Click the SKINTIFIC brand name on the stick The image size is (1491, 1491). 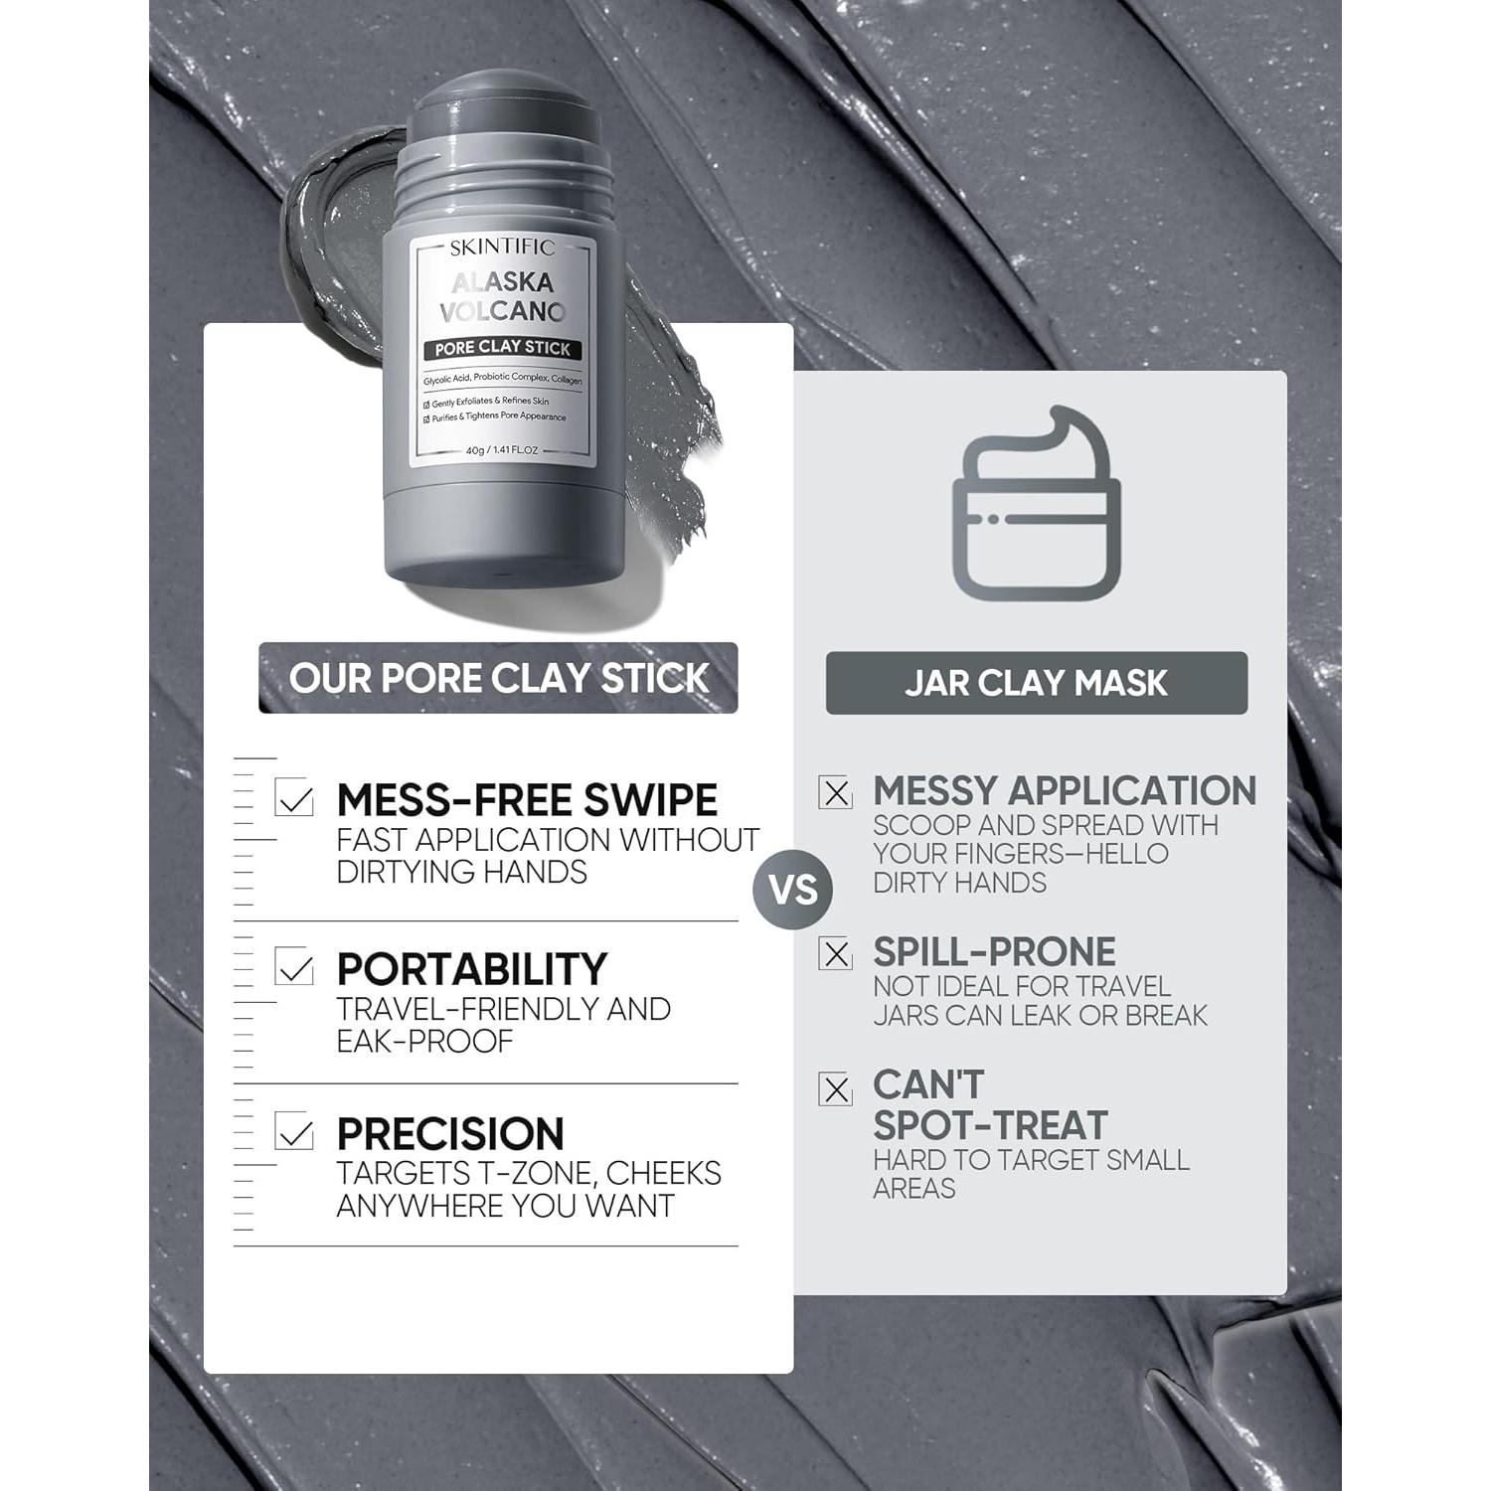(x=502, y=248)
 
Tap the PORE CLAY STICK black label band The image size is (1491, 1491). (x=502, y=348)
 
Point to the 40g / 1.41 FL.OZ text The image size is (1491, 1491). (x=502, y=450)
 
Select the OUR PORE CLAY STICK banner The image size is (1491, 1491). (x=498, y=678)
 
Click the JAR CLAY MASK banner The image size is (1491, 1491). (x=1036, y=683)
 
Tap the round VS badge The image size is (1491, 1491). (x=792, y=889)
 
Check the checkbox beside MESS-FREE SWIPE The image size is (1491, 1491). (x=294, y=797)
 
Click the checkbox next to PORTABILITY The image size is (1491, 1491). (x=294, y=966)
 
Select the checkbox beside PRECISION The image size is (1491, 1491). (x=294, y=1131)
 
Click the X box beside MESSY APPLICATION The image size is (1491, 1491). (x=836, y=792)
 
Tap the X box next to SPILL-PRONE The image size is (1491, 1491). (x=836, y=953)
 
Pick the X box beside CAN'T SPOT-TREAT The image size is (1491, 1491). (x=836, y=1088)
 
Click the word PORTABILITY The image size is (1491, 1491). (x=471, y=969)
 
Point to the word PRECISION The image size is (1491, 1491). (x=450, y=1134)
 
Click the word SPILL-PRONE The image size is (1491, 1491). (x=994, y=952)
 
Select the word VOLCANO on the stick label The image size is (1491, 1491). (x=502, y=311)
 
